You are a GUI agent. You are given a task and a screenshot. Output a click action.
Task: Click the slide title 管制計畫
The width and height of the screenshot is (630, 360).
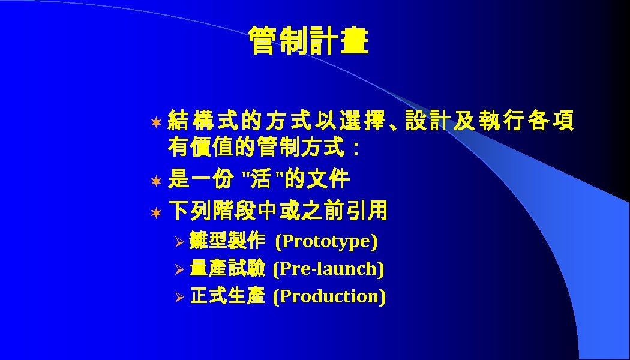(x=308, y=41)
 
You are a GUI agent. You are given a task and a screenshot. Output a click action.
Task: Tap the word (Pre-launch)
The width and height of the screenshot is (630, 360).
(x=328, y=269)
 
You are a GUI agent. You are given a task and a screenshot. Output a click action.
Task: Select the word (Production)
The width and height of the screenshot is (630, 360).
(x=329, y=296)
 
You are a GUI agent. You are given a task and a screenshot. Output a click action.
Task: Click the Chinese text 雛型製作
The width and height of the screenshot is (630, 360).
(x=227, y=241)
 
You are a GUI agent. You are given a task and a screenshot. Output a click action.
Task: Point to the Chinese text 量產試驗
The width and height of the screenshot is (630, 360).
(x=227, y=269)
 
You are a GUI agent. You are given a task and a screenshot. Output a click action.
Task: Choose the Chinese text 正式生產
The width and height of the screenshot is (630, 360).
(x=227, y=296)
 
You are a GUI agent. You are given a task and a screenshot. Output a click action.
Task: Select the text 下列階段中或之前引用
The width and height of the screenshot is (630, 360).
(x=278, y=211)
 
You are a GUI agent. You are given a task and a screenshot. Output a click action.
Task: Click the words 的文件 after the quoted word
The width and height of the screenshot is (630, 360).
(x=320, y=179)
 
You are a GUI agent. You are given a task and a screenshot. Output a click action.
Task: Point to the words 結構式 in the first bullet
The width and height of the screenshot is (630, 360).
(x=204, y=121)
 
